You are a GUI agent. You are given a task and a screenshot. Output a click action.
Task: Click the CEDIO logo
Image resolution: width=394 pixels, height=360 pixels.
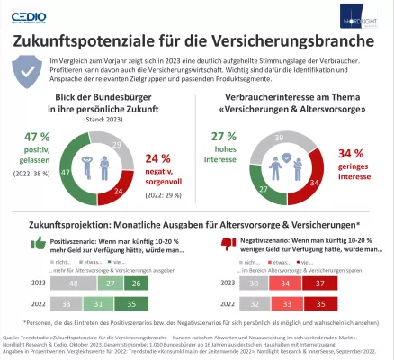[x=30, y=15]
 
